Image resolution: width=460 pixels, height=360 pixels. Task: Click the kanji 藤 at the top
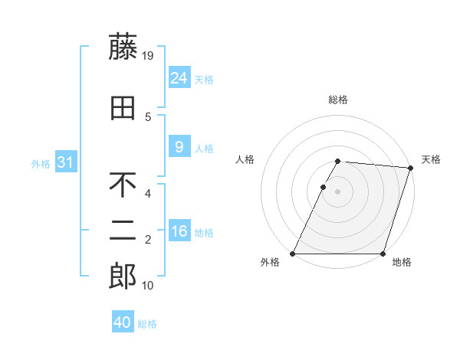(123, 47)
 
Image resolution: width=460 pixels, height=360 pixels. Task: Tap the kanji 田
(123, 108)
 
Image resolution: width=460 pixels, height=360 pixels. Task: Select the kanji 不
(123, 185)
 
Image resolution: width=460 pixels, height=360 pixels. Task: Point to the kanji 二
(123, 231)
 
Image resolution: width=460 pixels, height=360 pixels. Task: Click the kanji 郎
(123, 277)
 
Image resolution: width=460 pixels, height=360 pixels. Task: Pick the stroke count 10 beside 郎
(149, 285)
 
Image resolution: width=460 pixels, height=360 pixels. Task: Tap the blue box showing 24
(179, 77)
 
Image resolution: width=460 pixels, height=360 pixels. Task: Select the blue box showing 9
(179, 147)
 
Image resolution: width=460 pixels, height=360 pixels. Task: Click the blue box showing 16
(179, 231)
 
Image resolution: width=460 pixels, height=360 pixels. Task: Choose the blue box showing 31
(66, 162)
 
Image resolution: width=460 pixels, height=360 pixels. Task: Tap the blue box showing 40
(123, 322)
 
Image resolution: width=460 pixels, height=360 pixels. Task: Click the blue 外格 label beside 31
(41, 163)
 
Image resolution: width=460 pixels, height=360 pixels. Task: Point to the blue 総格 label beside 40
(147, 324)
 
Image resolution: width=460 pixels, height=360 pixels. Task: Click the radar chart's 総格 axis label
(337, 100)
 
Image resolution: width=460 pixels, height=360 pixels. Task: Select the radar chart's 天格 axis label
(431, 159)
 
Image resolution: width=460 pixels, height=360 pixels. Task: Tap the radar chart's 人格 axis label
(245, 159)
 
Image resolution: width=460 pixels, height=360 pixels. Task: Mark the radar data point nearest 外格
(293, 254)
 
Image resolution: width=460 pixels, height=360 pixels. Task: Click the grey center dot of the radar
(337, 191)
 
